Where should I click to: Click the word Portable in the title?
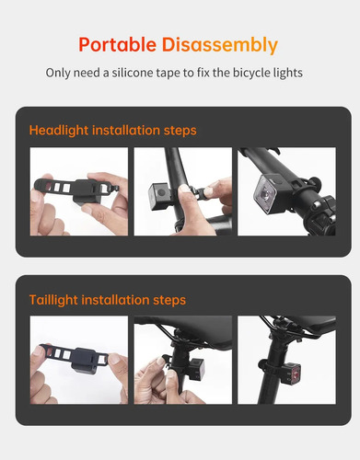pos(118,44)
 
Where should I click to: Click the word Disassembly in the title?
pos(220,45)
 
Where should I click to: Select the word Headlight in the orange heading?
pos(59,131)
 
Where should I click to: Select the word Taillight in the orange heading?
pos(53,300)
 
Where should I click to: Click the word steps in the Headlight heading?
pos(180,131)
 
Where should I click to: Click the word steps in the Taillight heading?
pos(169,300)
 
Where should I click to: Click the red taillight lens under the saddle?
pos(295,374)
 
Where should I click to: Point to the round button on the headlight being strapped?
pos(161,192)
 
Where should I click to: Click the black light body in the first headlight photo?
pos(87,191)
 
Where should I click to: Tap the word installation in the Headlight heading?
pos(126,130)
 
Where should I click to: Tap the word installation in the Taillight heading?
pos(116,300)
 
